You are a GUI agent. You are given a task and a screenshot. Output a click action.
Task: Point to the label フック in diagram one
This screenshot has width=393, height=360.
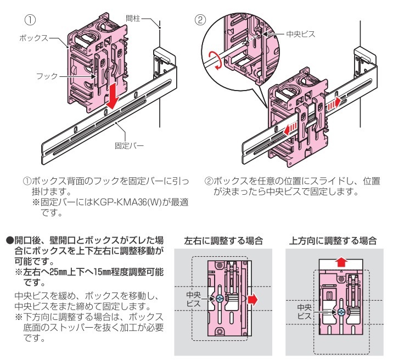(x=47, y=76)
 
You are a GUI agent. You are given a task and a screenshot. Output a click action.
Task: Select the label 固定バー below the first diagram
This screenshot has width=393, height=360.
(x=130, y=146)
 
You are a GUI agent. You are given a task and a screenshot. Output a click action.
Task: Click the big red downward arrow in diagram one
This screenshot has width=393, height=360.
(x=113, y=95)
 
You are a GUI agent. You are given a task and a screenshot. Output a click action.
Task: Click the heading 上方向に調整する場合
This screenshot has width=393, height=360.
(x=333, y=240)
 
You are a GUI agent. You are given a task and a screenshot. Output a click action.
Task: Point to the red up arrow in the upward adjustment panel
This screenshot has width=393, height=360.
(x=341, y=261)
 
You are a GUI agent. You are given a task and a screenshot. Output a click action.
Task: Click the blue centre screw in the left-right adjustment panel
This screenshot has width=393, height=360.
(x=220, y=299)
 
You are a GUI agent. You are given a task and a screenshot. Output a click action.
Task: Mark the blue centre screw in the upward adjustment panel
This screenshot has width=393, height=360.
(x=341, y=312)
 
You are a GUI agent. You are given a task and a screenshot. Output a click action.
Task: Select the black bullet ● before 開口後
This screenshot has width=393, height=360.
(x=9, y=240)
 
